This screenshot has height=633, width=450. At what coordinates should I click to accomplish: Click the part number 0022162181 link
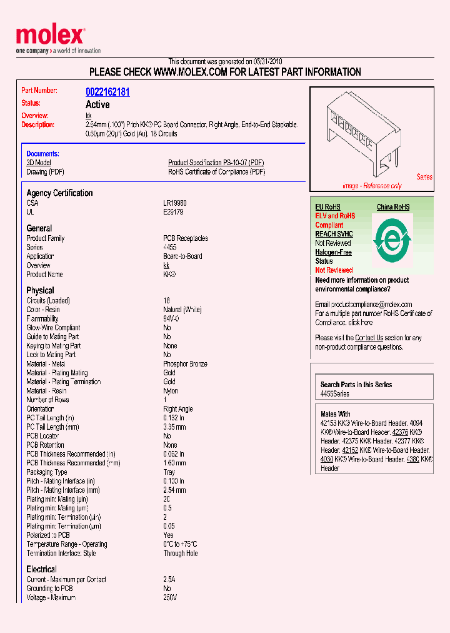tap(107, 92)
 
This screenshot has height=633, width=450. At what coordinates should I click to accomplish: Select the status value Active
tap(97, 104)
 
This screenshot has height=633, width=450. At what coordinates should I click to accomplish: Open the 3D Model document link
tap(38, 163)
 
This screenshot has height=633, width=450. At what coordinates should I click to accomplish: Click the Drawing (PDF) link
tap(45, 172)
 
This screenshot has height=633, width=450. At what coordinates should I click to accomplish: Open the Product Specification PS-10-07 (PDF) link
tap(216, 163)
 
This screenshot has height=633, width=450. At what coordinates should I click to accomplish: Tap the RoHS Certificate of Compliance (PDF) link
tap(216, 172)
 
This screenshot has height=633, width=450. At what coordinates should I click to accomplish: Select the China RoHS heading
tap(393, 207)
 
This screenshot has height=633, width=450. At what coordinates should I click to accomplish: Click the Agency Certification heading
tap(59, 193)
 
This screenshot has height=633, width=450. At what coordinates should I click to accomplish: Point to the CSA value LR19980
tap(175, 203)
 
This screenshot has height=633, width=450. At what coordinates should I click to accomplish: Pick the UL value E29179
tap(173, 212)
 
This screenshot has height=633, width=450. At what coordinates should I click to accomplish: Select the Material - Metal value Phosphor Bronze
tap(185, 364)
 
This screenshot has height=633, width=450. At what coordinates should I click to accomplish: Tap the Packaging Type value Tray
tap(169, 472)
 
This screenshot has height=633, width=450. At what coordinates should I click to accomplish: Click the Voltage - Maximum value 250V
tap(170, 597)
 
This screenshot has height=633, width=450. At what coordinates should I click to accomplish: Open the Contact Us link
tap(369, 338)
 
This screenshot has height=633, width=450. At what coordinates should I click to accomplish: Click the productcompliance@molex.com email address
tap(364, 305)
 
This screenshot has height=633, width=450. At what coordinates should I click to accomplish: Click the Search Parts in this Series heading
tap(356, 385)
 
